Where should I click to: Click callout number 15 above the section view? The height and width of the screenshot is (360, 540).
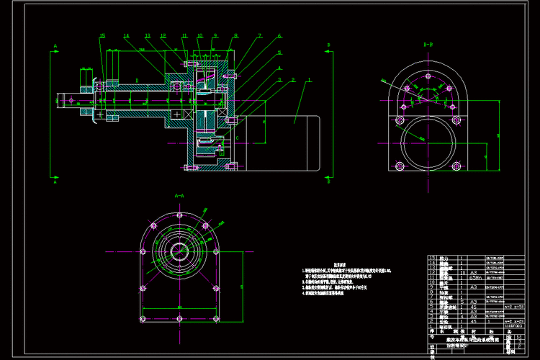coord(102,35)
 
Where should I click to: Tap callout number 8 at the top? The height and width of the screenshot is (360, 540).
coord(235,35)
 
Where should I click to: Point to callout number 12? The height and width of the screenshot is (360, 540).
coord(163,35)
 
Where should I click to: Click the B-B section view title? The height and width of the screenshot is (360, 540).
coord(428,45)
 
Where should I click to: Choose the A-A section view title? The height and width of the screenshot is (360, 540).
coord(179,195)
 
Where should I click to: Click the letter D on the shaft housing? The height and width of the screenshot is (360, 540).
coord(137,81)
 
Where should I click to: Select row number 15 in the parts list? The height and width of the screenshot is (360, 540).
coord(432,258)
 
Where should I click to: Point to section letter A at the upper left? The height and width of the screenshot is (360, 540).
coord(55,45)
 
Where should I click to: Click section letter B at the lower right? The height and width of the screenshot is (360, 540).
coord(329,182)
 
